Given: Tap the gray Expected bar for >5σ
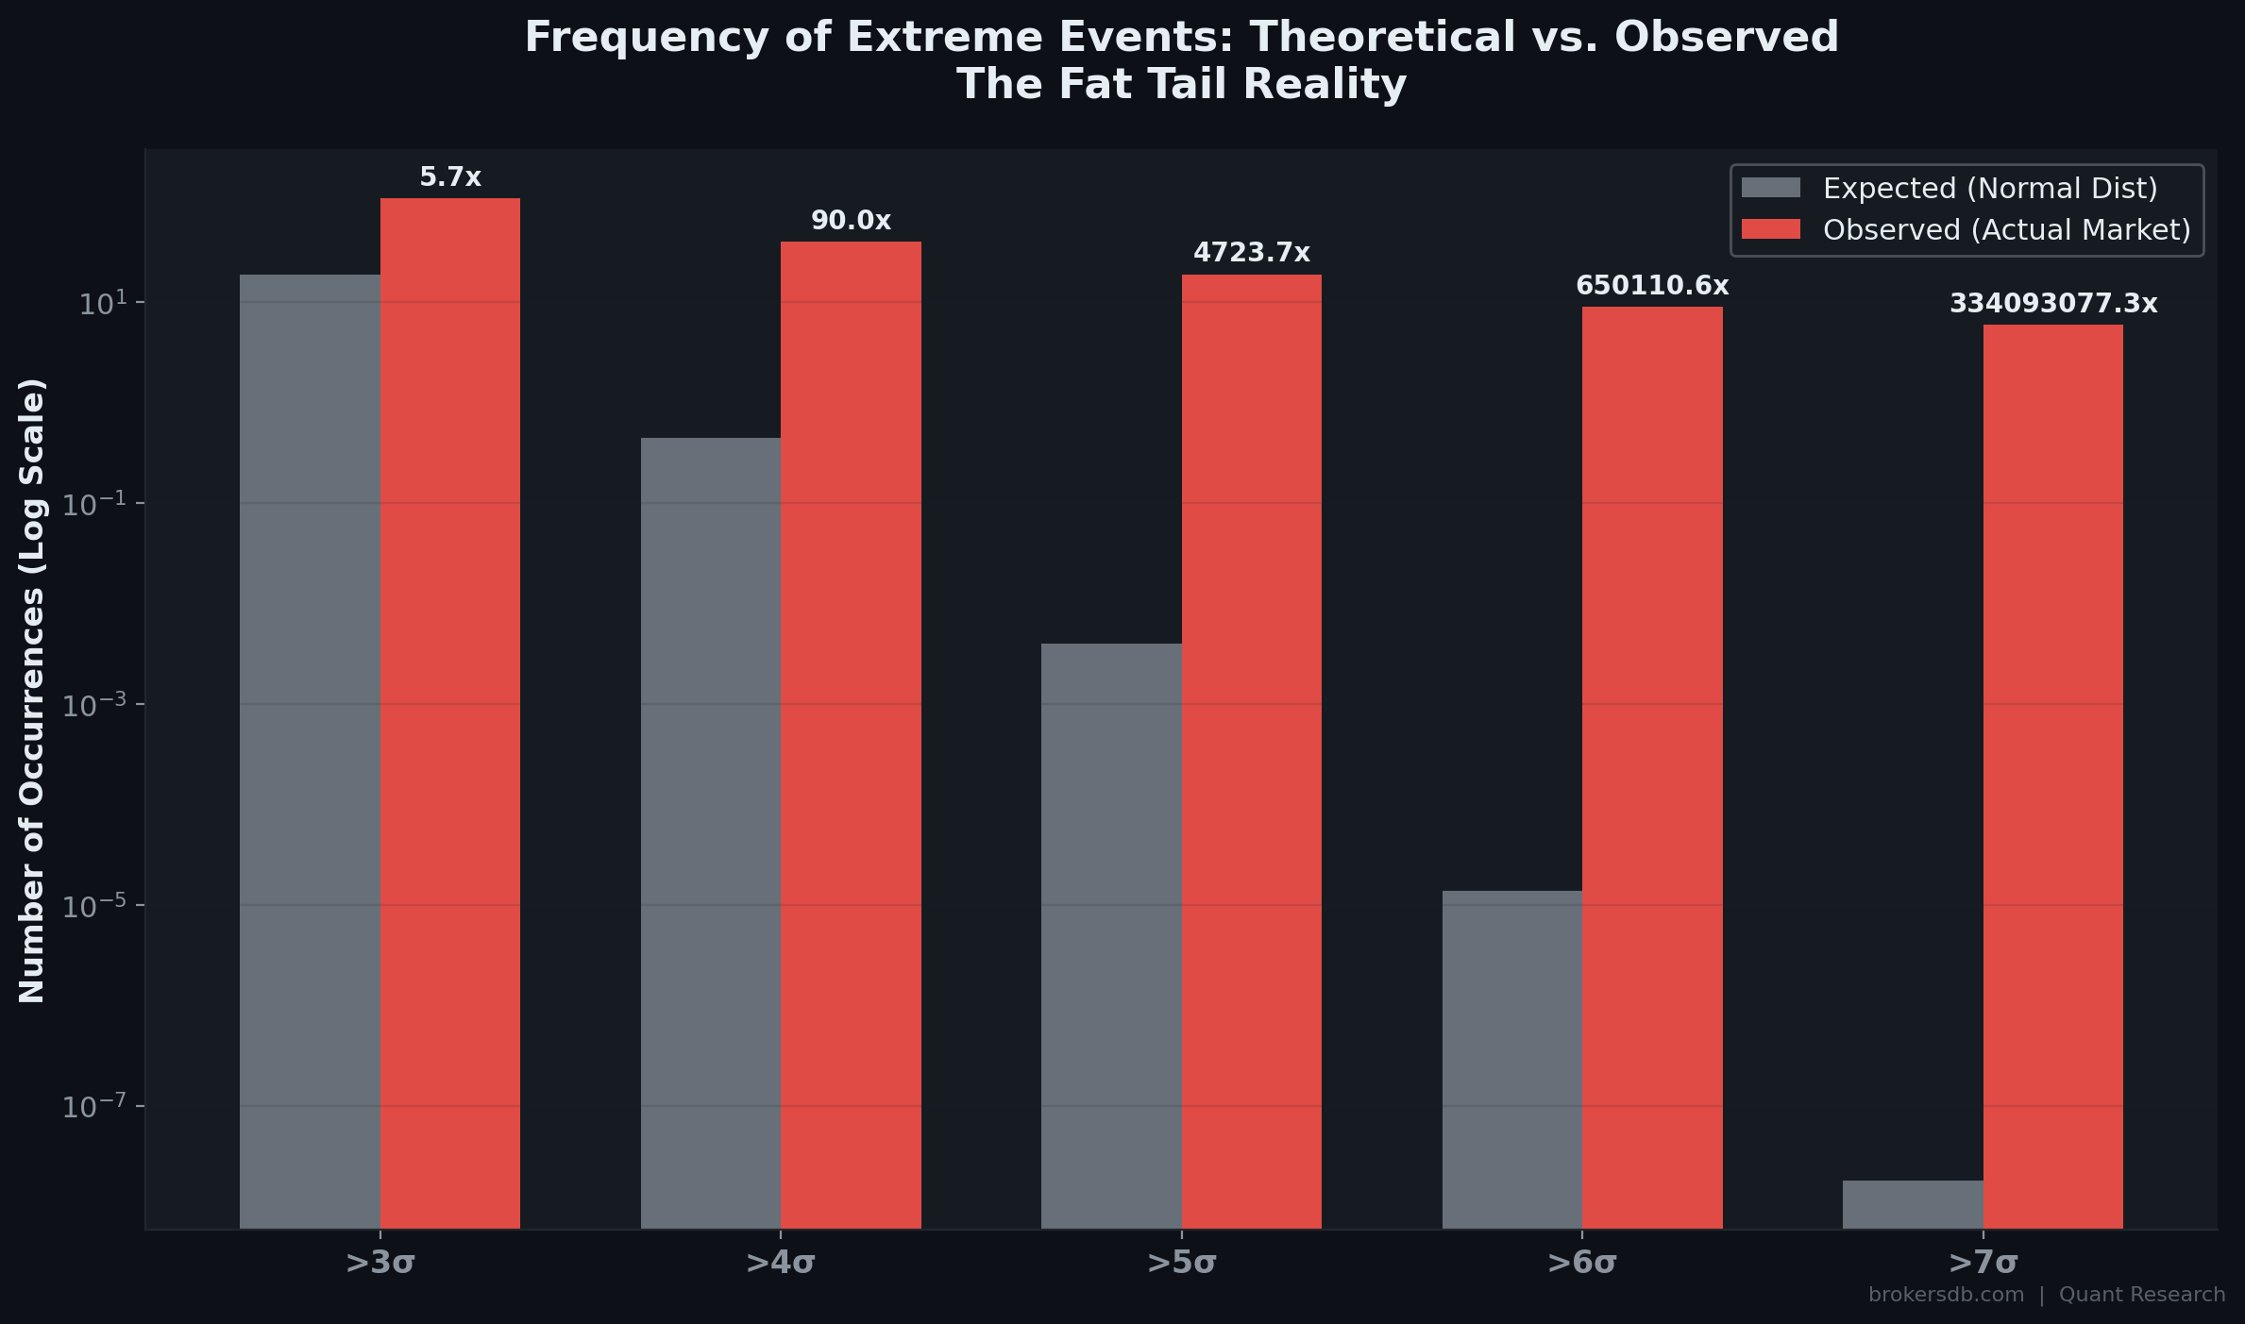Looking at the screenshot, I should click(x=1111, y=935).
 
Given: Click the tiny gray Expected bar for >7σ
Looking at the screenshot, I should click(x=1913, y=1204).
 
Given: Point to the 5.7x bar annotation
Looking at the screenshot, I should click(x=450, y=177).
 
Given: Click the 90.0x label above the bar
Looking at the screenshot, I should click(x=851, y=221).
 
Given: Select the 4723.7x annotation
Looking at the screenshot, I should click(x=1252, y=253).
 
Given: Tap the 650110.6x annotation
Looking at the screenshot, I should click(x=1652, y=286).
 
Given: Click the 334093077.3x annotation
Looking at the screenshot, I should click(x=2053, y=304).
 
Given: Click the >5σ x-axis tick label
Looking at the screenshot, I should click(x=1181, y=1263).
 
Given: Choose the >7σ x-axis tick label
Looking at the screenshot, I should click(x=1983, y=1263).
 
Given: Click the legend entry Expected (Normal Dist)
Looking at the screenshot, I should click(x=1990, y=189).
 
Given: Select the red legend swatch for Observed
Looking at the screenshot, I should click(x=1770, y=229).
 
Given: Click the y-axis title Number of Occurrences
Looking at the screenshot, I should click(x=32, y=690).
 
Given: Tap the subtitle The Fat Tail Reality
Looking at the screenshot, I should click(x=1181, y=84).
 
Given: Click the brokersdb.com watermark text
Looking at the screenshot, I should click(x=1946, y=1295).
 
